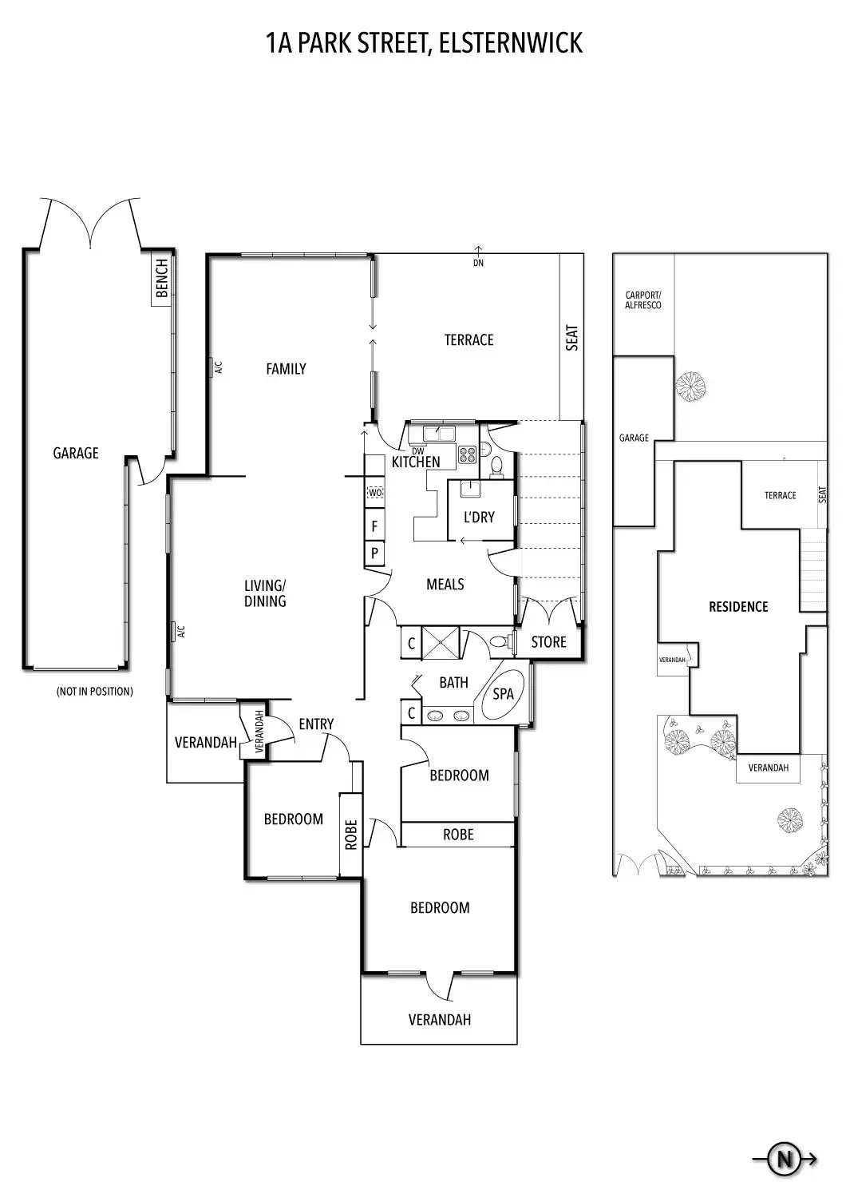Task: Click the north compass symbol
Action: (x=784, y=1158)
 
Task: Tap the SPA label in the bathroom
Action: (x=503, y=693)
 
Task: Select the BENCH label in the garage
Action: (x=163, y=278)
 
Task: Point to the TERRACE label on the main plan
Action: (x=468, y=340)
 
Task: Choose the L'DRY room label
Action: (x=479, y=518)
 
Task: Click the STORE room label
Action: (x=548, y=642)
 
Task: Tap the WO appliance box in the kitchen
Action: (x=374, y=494)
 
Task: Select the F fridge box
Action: (x=374, y=527)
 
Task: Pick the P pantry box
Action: (x=374, y=553)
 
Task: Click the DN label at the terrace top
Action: (x=478, y=264)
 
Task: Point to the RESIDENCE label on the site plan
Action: (x=738, y=607)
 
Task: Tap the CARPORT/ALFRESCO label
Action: (x=643, y=300)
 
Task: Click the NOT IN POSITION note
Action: (x=94, y=692)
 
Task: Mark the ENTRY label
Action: (x=316, y=724)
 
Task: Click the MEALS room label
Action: (x=445, y=585)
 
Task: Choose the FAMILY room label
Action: (x=286, y=369)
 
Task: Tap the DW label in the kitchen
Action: (x=418, y=451)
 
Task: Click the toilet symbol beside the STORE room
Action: (x=497, y=641)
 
